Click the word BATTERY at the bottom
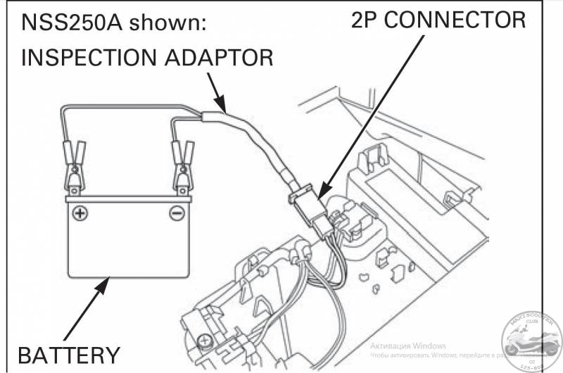coord(69,354)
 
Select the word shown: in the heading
coord(173,22)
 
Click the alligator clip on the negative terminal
coord(179,165)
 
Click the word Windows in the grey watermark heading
coord(426,345)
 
